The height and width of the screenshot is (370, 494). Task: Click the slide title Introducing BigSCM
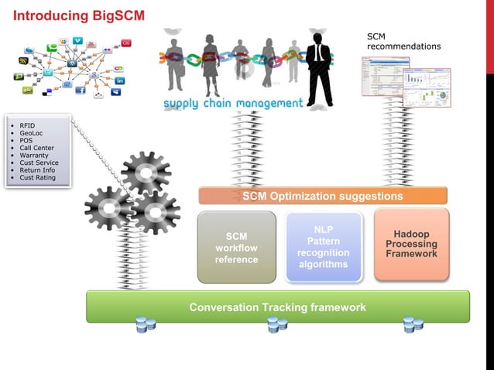point(79,15)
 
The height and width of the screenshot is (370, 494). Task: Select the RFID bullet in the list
point(27,125)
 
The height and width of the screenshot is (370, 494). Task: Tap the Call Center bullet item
point(36,148)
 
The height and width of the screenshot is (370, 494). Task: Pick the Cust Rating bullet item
point(37,177)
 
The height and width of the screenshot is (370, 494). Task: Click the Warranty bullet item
point(34,155)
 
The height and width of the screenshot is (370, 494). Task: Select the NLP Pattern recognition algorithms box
point(324,247)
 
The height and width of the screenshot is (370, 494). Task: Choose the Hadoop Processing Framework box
point(411,244)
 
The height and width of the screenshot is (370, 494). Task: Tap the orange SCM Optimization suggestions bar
point(322,196)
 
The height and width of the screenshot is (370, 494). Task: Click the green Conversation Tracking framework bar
point(277,307)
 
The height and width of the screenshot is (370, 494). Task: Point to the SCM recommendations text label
point(403,41)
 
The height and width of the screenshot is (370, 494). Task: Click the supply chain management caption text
point(232,103)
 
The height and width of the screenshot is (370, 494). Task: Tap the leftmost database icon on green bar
point(146,324)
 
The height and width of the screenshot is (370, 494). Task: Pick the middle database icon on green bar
point(277,324)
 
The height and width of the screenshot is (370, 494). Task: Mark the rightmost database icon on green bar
point(413,324)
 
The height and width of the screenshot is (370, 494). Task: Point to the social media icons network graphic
point(73,67)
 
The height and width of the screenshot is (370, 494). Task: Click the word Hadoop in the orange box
point(411,234)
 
